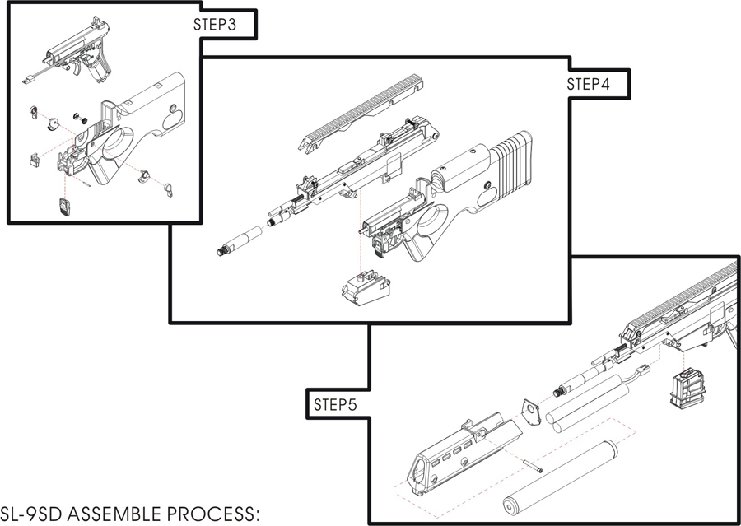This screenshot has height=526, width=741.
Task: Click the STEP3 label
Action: coord(214,25)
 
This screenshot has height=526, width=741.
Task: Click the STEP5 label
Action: coord(333,405)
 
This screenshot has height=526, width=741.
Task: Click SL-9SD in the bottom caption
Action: coord(30,514)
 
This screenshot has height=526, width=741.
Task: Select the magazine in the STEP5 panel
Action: coord(685,386)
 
